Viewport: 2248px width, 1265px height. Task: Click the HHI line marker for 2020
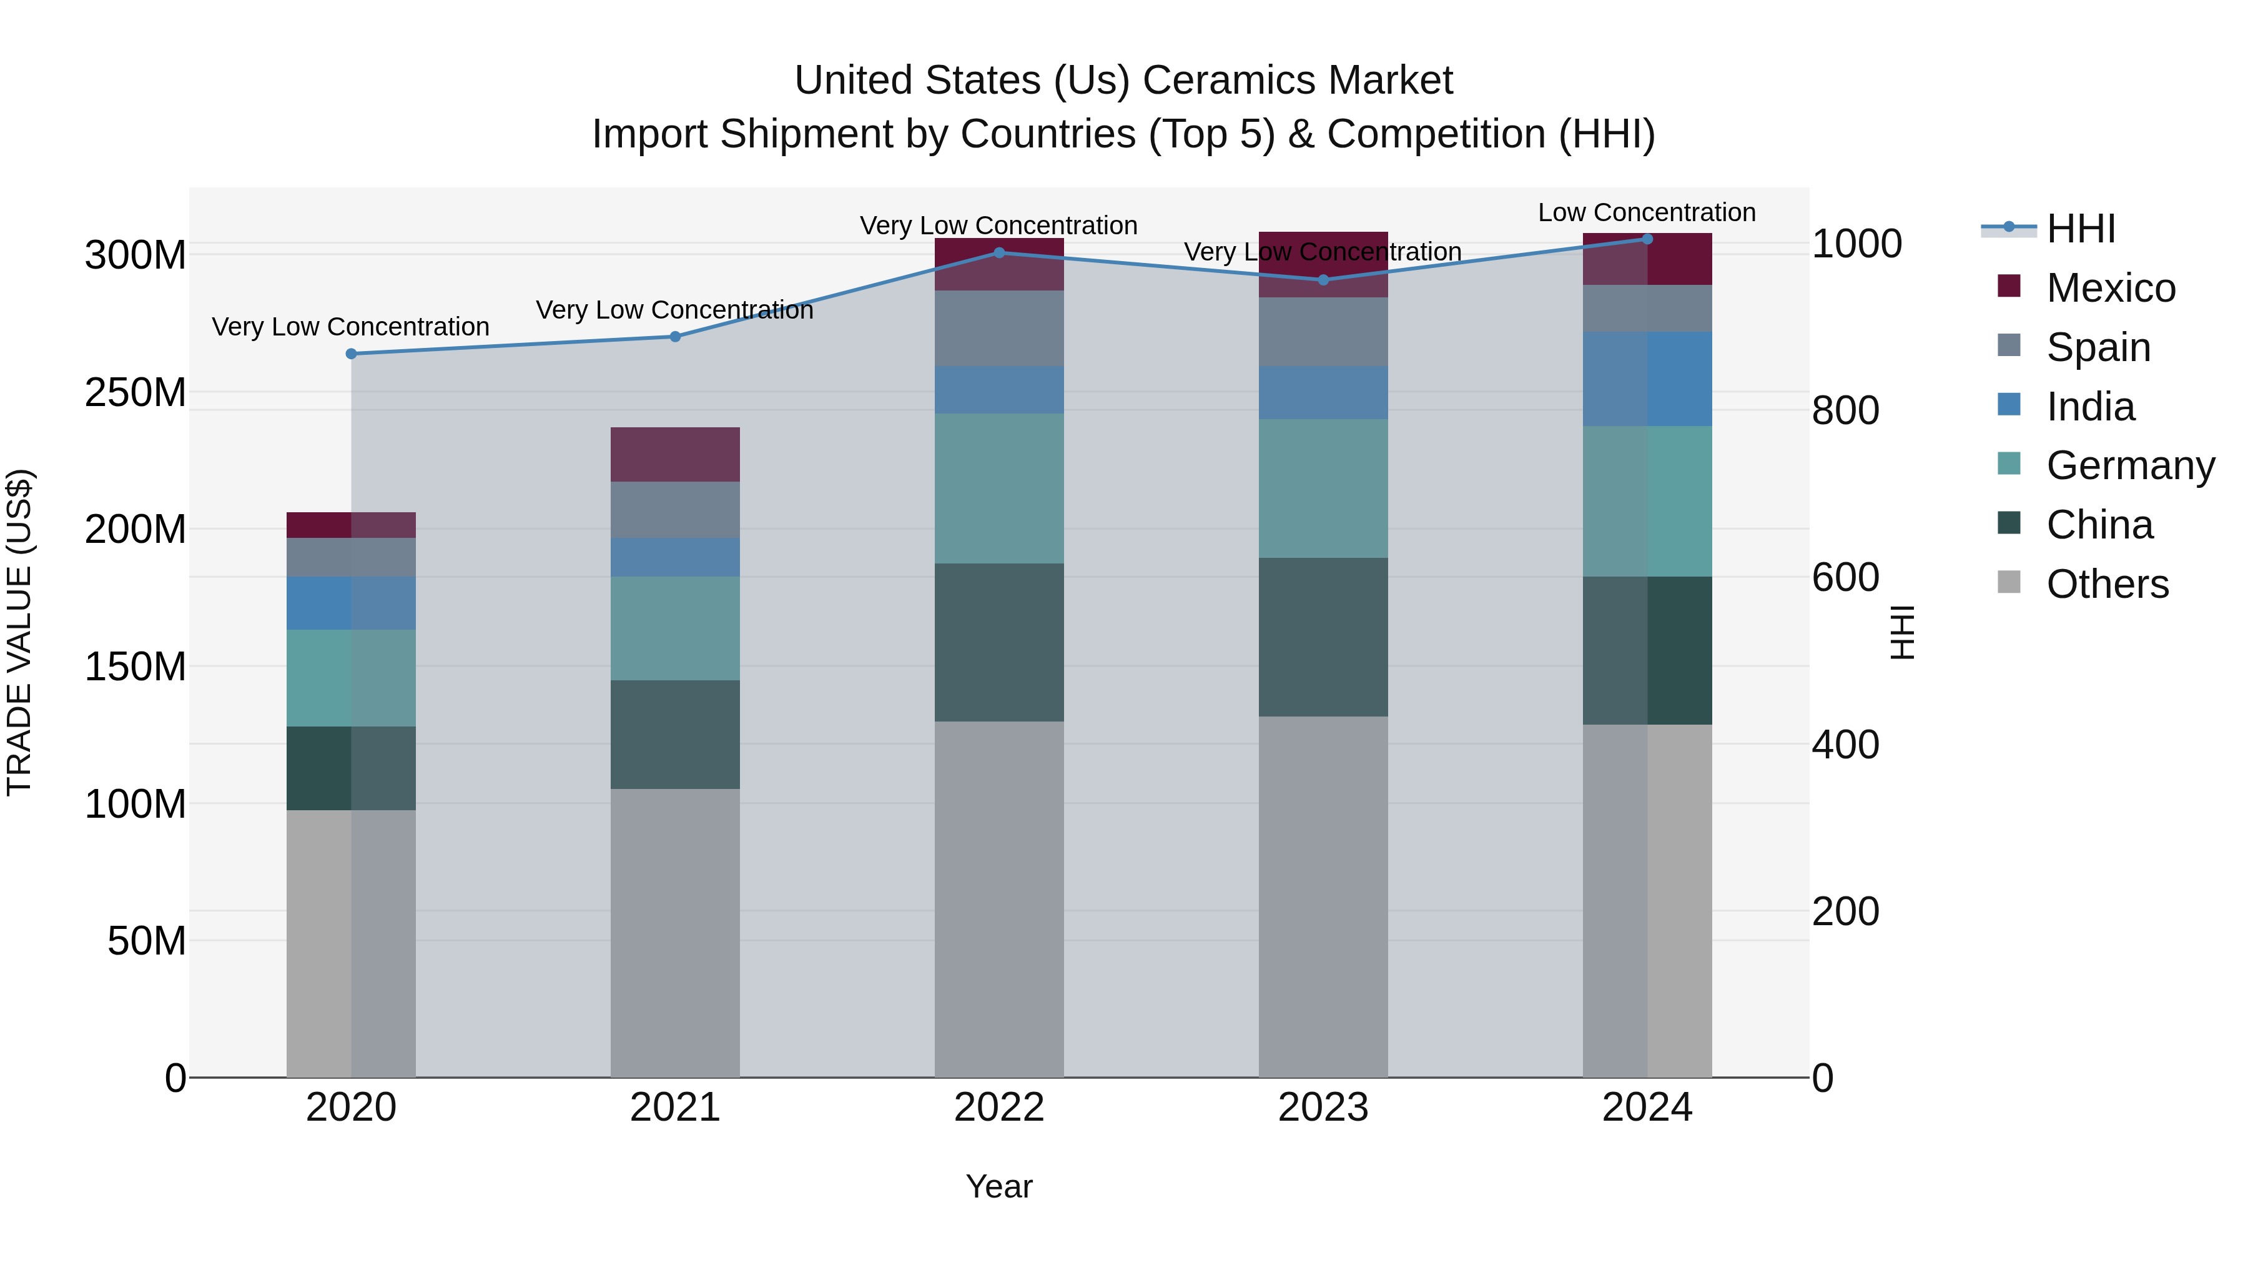tap(351, 354)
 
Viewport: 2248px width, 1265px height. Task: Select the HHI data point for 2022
tap(999, 253)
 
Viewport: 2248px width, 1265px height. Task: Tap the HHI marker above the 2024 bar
tap(1647, 239)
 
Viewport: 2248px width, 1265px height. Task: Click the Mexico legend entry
tap(2110, 288)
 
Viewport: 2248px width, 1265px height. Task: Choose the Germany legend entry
tap(2129, 465)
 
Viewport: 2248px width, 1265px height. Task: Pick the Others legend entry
tap(2107, 584)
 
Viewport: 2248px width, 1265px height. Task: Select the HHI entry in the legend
tap(2081, 229)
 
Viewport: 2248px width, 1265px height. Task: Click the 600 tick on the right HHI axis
tap(1845, 578)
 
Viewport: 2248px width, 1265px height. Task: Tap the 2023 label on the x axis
tap(1323, 1108)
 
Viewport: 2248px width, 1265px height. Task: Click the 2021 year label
tap(674, 1108)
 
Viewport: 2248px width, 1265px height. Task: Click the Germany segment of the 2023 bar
tap(1323, 488)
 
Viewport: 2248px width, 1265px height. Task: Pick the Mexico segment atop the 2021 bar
tap(674, 454)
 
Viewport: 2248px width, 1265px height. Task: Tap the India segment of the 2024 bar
tap(1647, 379)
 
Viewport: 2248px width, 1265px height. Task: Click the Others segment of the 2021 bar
tap(674, 933)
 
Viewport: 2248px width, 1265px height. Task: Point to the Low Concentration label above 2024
tap(1646, 212)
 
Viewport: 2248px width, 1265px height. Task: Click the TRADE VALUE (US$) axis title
tap(19, 632)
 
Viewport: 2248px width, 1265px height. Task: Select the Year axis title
tap(998, 1186)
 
